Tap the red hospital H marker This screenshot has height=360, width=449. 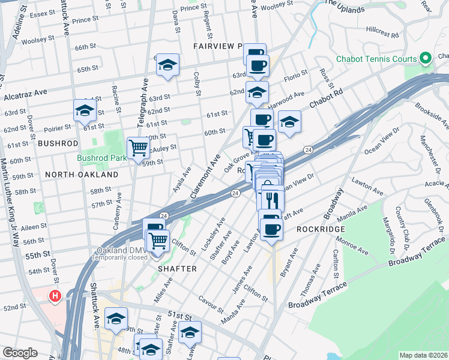tap(55, 296)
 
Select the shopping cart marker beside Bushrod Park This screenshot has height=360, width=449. tap(138, 147)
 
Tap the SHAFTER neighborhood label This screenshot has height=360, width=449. tap(177, 269)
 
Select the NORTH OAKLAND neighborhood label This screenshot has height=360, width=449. tap(82, 175)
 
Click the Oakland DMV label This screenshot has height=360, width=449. tap(119, 250)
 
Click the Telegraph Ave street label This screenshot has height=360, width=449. tap(144, 103)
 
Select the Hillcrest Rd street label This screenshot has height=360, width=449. tap(382, 35)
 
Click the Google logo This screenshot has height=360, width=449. tap(20, 353)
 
